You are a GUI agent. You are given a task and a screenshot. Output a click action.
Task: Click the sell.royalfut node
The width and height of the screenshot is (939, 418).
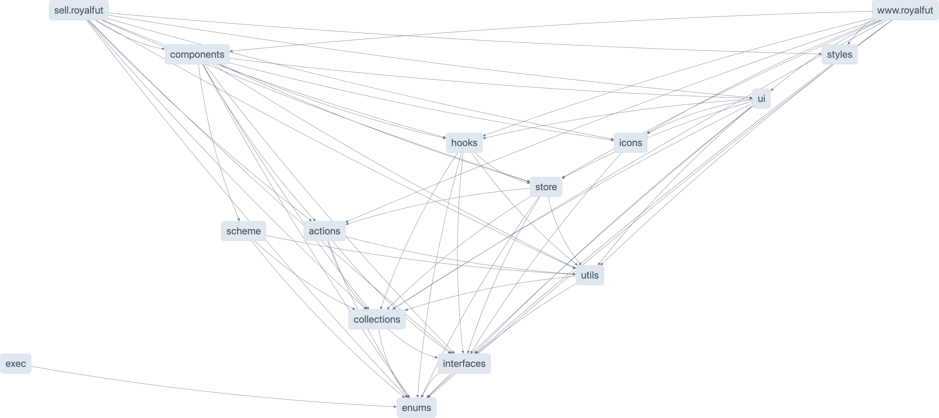pyautogui.click(x=79, y=10)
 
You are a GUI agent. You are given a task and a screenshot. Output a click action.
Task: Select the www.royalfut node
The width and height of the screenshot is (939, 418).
pyautogui.click(x=905, y=10)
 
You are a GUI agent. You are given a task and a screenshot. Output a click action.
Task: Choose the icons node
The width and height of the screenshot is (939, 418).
pyautogui.click(x=630, y=143)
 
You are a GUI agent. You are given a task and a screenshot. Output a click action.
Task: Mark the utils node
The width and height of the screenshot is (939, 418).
pyautogui.click(x=589, y=275)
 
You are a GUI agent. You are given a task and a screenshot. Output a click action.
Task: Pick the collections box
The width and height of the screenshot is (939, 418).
pyautogui.click(x=377, y=319)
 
